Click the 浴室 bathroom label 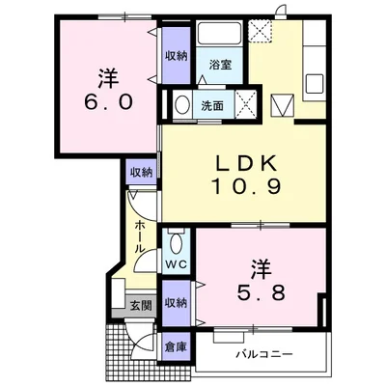click(x=220, y=65)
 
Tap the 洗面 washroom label click(x=212, y=106)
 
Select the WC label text click(x=177, y=264)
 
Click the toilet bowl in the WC click(x=177, y=243)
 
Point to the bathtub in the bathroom click(x=220, y=33)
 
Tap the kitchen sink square click(x=315, y=84)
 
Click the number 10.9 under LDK click(x=246, y=187)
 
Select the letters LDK click(x=246, y=163)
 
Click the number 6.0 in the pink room click(x=108, y=102)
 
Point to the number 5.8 click(x=261, y=292)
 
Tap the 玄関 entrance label click(x=141, y=306)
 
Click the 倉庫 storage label click(x=176, y=347)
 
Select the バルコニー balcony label click(x=264, y=354)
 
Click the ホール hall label click(x=139, y=236)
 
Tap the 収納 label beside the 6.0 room click(x=177, y=56)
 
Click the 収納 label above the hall click(x=141, y=173)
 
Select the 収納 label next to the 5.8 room click(x=176, y=303)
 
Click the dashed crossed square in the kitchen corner click(x=261, y=31)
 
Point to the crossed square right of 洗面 click(x=246, y=105)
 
